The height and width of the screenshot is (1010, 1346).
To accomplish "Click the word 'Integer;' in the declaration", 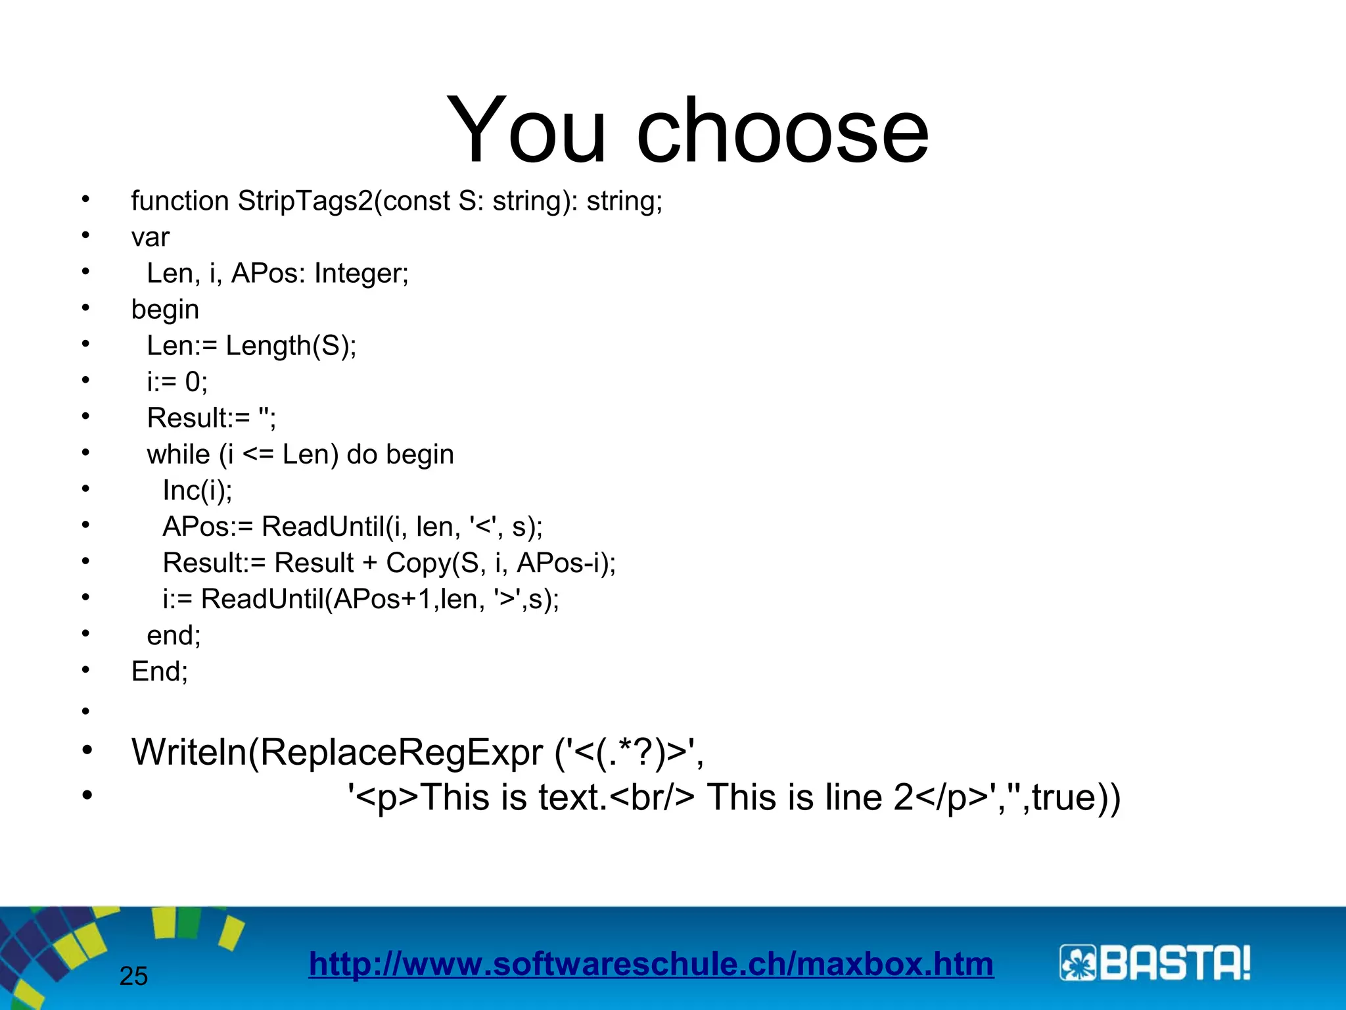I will click(361, 274).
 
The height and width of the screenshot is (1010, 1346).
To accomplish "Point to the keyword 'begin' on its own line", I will click(165, 310).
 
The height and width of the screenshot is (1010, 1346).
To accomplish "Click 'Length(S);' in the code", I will click(290, 346).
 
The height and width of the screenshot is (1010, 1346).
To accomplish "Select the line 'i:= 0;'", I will click(177, 382).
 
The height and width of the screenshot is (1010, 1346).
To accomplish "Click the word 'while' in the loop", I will click(178, 454).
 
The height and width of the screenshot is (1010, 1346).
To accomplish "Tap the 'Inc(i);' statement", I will click(197, 491).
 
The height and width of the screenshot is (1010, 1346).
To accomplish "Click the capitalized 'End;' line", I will click(160, 671).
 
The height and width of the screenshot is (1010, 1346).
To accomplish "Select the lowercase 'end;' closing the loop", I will click(174, 635).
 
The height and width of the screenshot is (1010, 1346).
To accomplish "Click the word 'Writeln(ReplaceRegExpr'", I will click(337, 752).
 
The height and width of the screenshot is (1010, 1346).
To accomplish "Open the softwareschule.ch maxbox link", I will click(651, 965).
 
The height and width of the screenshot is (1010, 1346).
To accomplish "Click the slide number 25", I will click(133, 976).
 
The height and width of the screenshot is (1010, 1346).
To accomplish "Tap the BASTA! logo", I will click(1155, 964).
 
